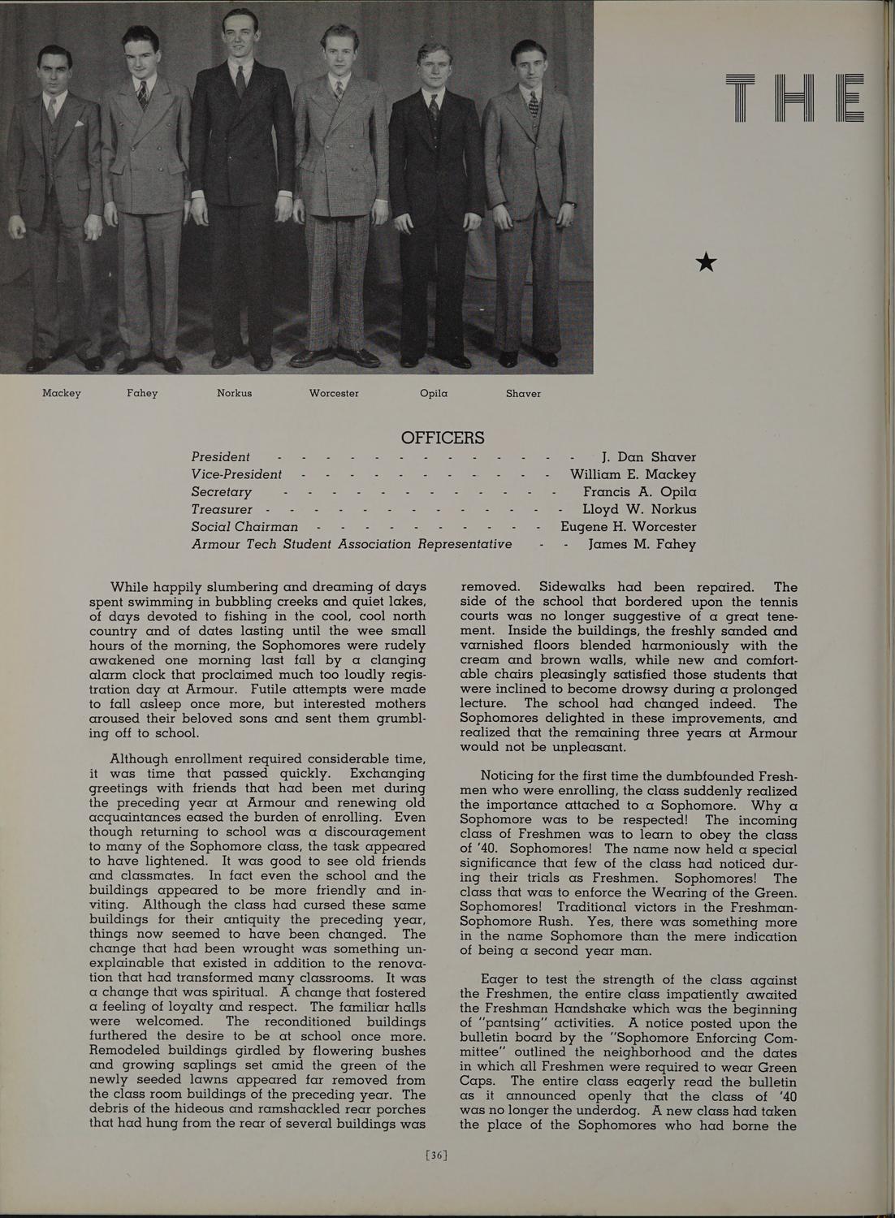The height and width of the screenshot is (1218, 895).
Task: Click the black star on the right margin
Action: (707, 261)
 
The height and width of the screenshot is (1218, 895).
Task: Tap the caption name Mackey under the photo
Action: (62, 394)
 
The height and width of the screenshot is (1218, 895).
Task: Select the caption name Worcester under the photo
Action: (334, 394)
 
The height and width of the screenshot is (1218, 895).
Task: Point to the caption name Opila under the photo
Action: (434, 394)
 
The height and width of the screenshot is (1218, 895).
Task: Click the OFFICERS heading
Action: (443, 438)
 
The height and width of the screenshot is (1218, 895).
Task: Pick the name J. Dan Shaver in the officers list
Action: (648, 457)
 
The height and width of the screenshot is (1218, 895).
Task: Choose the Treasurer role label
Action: (222, 509)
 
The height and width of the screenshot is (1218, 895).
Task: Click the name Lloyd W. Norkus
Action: (639, 509)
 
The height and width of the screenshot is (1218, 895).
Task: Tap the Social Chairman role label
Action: (244, 527)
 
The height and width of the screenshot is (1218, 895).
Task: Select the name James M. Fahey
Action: (642, 544)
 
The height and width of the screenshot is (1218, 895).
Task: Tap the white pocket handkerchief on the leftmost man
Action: (80, 124)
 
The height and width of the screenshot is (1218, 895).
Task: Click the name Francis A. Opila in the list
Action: (639, 492)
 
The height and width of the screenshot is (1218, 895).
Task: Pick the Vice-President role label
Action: (236, 474)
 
